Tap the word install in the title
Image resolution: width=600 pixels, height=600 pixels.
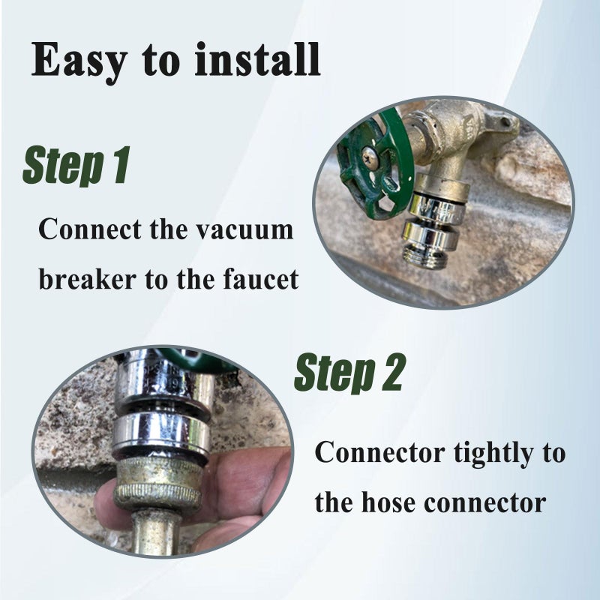[257, 59]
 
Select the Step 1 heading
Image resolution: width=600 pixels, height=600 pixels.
[76, 166]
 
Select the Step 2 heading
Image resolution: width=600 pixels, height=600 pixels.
[349, 373]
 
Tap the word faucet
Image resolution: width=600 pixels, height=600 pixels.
[261, 279]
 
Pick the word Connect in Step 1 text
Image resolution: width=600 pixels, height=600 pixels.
[90, 229]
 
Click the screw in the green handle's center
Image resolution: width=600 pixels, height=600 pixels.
[370, 157]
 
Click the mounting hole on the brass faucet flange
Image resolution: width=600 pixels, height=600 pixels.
[505, 122]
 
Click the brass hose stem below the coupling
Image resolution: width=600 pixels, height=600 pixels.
[156, 532]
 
